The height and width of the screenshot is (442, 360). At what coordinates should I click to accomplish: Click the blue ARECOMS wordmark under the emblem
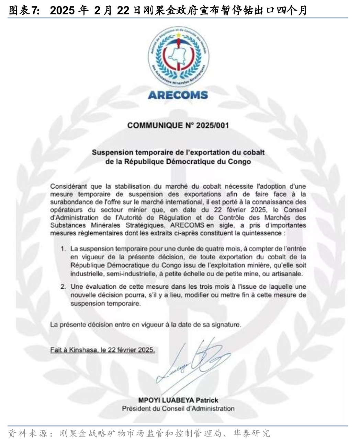click(x=178, y=95)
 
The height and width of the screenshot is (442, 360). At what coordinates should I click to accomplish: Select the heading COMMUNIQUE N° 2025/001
click(x=178, y=125)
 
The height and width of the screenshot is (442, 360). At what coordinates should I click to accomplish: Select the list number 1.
click(x=63, y=248)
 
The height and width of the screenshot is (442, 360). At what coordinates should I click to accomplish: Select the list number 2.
click(x=63, y=287)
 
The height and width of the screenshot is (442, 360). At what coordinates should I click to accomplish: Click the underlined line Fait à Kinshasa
click(x=102, y=350)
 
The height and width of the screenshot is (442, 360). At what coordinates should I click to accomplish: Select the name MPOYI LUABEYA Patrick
click(x=178, y=400)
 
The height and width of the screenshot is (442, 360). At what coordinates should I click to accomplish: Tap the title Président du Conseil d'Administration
click(x=178, y=409)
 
